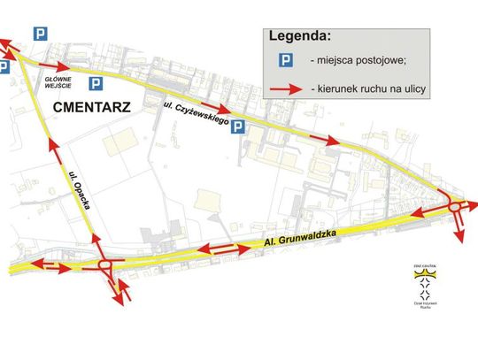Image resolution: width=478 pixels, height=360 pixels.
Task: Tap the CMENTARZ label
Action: point(92,108)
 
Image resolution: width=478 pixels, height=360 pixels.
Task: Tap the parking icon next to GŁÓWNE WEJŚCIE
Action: point(96,84)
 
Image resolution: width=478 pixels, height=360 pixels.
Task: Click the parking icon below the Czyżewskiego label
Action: point(236,128)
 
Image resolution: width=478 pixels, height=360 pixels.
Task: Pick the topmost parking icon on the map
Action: point(41,34)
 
